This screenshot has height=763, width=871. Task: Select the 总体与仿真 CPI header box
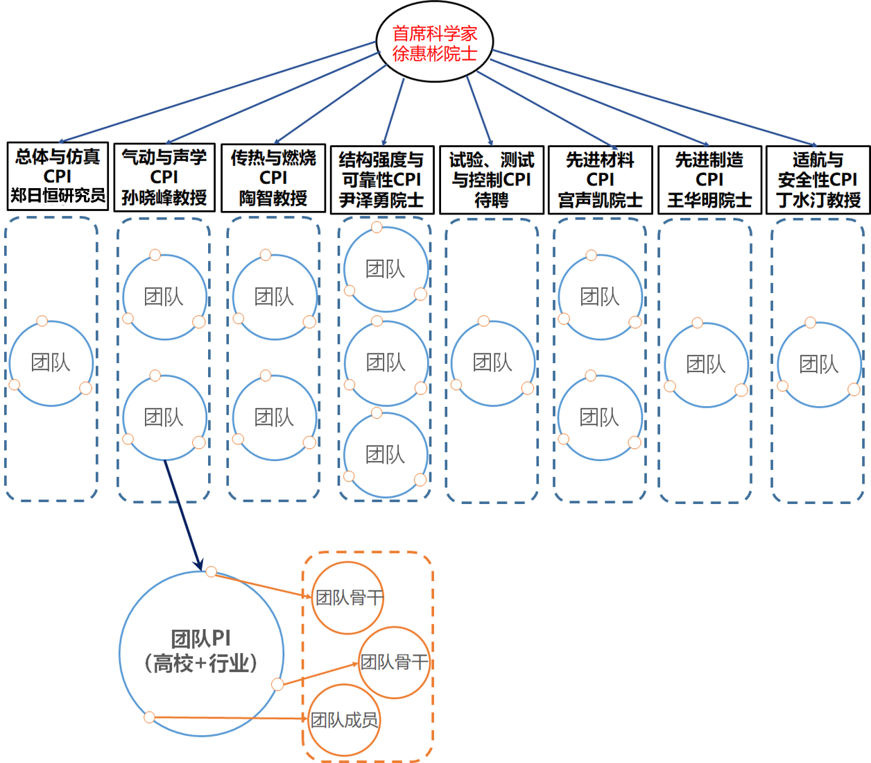point(58,176)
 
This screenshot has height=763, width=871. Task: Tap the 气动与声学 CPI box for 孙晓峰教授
point(164,177)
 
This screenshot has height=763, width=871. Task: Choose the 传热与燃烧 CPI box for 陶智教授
point(273,178)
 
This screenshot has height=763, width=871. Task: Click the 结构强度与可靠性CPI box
point(382,180)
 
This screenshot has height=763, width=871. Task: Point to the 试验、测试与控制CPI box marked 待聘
point(492,180)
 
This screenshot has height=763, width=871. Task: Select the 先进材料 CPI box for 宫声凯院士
point(601,180)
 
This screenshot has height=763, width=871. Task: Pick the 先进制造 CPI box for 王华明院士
point(709,180)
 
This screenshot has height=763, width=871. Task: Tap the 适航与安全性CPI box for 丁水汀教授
point(818,180)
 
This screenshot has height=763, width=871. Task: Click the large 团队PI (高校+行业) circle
point(201,653)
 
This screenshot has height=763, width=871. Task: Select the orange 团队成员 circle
point(344,720)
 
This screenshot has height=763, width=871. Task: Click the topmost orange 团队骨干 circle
point(348,597)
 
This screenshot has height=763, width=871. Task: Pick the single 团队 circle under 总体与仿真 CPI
point(51,362)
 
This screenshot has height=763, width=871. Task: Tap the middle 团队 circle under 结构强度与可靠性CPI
point(386,362)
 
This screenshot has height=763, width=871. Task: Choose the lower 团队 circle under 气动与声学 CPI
point(164,417)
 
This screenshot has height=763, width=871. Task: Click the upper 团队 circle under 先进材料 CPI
point(600,297)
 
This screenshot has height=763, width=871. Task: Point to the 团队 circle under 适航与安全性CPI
point(819,364)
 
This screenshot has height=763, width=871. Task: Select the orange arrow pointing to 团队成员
point(229,717)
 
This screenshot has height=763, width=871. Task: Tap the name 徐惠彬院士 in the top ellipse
point(435,53)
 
